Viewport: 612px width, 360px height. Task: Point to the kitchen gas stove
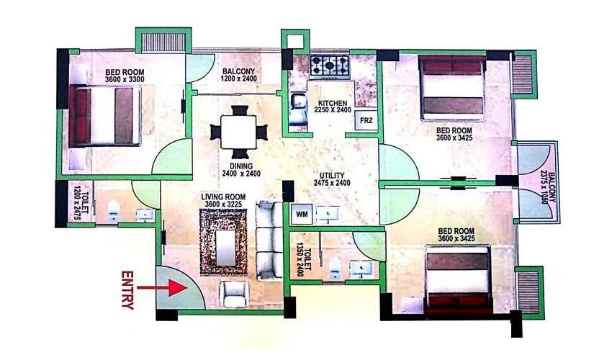click(331, 66)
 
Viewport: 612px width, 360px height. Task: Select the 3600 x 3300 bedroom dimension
click(123, 81)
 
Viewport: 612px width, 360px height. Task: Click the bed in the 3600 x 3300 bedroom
click(105, 116)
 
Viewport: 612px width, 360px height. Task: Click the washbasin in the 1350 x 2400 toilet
click(360, 269)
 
